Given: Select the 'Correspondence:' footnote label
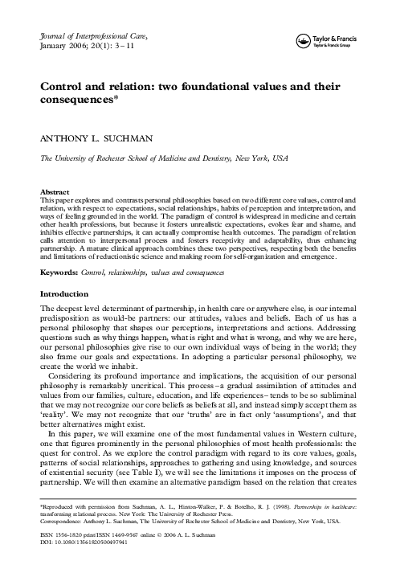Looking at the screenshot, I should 63,523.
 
